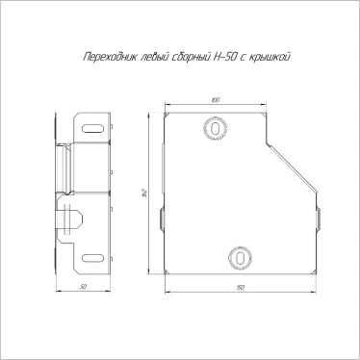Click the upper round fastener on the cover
tap(214, 128)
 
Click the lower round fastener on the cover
tap(236, 256)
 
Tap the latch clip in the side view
tap(71, 218)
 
